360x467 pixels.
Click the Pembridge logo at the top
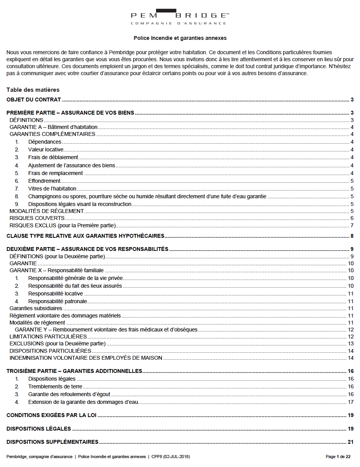click(x=180, y=17)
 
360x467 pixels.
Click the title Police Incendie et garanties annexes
click(x=180, y=38)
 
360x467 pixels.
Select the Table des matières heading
click(x=33, y=90)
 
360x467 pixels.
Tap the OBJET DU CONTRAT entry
click(x=34, y=100)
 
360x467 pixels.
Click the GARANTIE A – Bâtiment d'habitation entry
click(x=53, y=127)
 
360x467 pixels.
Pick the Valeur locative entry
click(x=46, y=149)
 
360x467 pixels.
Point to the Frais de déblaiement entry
click(x=53, y=157)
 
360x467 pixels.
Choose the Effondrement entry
click(x=44, y=181)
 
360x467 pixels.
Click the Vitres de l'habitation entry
click(x=52, y=189)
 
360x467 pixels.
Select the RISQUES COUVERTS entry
click(x=37, y=218)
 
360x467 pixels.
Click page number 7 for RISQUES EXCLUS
click(x=352, y=226)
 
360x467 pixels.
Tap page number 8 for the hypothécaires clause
click(x=352, y=236)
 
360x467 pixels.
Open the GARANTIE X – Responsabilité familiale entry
click(x=57, y=270)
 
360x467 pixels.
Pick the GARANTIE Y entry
click(x=106, y=330)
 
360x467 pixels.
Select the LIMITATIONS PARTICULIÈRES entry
click(x=48, y=337)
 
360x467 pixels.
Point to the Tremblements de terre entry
click(x=55, y=386)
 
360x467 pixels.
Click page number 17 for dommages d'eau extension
click(x=351, y=402)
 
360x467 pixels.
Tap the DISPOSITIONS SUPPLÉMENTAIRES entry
click(x=53, y=442)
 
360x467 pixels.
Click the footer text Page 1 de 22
click(x=338, y=457)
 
